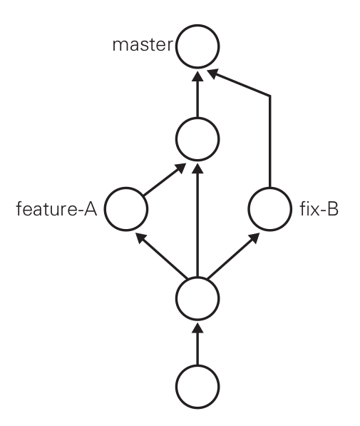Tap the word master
click(143, 45)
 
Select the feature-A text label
click(56, 209)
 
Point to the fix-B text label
click(319, 209)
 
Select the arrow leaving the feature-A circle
click(165, 180)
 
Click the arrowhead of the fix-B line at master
click(212, 73)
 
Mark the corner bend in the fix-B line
click(269, 96)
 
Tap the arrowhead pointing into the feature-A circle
click(140, 238)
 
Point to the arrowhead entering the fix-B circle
click(253, 238)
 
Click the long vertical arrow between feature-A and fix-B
click(197, 220)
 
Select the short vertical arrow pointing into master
click(197, 94)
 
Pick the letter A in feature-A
click(91, 209)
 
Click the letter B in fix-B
click(333, 209)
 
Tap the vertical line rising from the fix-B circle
click(269, 141)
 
